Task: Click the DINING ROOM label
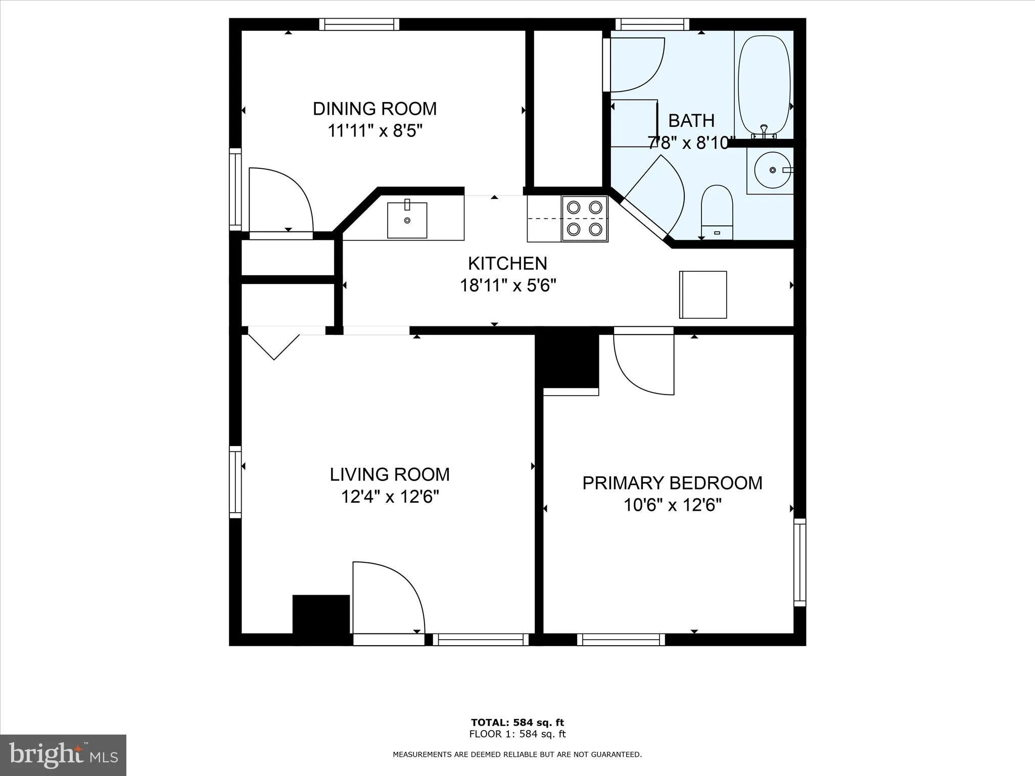click(x=374, y=109)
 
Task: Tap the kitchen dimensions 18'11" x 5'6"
click(x=507, y=286)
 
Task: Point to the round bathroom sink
click(x=772, y=170)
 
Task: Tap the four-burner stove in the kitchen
click(x=584, y=218)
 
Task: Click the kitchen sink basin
click(x=407, y=220)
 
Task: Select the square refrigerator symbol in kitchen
click(x=702, y=295)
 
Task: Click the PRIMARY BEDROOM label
click(x=672, y=483)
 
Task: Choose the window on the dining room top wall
click(x=359, y=24)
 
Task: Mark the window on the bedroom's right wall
click(x=799, y=562)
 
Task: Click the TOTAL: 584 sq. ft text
click(x=517, y=722)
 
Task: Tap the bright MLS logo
click(x=63, y=755)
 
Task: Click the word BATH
click(x=691, y=121)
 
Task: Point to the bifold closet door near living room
click(x=274, y=344)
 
